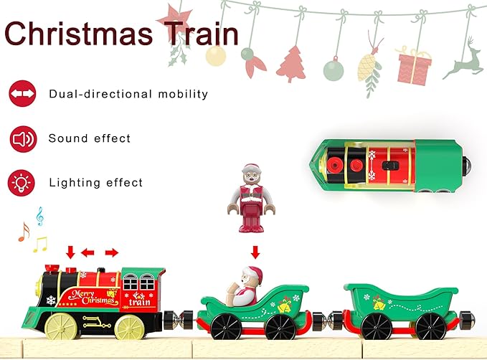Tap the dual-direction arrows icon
pyautogui.click(x=22, y=93)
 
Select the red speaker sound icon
pyautogui.click(x=22, y=138)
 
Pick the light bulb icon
pyautogui.click(x=22, y=182)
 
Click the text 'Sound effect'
pyautogui.click(x=90, y=138)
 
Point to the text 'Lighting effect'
pyautogui.click(x=95, y=183)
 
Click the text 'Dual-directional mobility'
pyautogui.click(x=128, y=94)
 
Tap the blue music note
pyautogui.click(x=39, y=215)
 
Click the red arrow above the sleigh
pyautogui.click(x=254, y=252)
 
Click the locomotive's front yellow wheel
pyautogui.click(x=57, y=326)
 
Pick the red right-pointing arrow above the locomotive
pyautogui.click(x=111, y=252)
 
